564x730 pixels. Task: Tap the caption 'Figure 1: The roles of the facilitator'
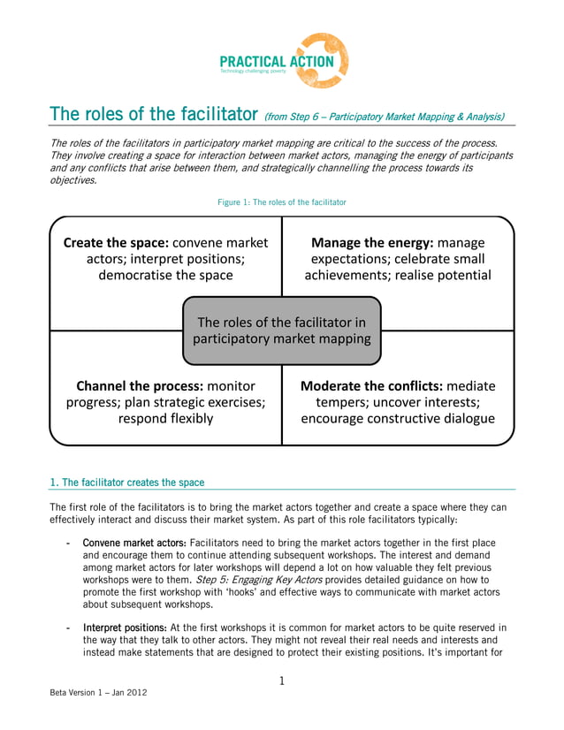(x=282, y=202)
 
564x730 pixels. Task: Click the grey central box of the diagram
(x=281, y=331)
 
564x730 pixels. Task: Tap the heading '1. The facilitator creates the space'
(x=127, y=483)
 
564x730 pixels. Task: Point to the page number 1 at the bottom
(x=281, y=681)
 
